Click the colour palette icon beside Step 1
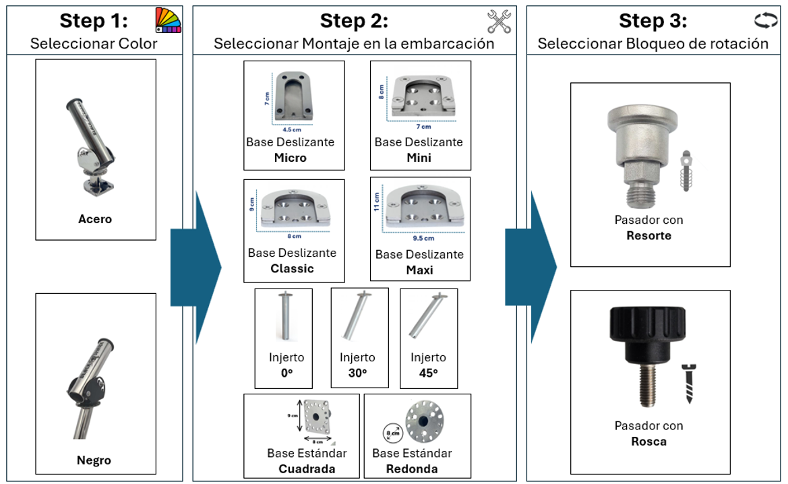169,21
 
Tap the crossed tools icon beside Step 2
499,21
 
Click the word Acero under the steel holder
95,219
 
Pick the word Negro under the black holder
94,460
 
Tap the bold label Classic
292,268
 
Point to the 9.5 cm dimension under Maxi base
423,238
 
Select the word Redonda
412,468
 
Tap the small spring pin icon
687,171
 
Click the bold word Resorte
648,236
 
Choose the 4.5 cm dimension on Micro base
292,129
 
